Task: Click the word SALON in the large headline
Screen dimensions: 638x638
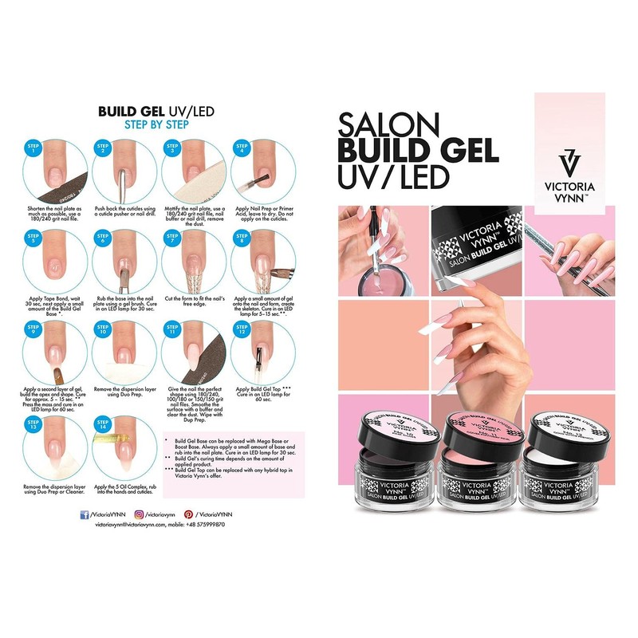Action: [389, 124]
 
